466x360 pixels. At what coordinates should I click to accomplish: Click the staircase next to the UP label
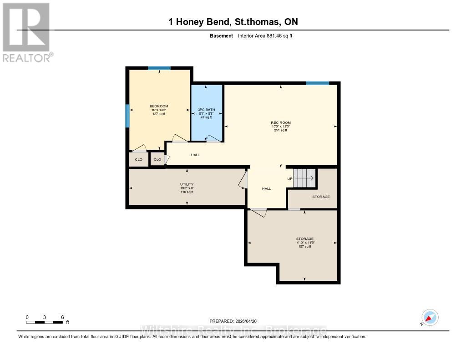304,177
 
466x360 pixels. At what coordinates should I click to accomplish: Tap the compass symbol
430,317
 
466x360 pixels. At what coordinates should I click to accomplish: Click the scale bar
44,322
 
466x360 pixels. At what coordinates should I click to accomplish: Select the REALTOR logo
27,32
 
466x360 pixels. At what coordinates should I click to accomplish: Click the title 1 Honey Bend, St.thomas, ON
233,22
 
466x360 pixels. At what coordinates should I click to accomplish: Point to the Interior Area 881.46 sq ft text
265,35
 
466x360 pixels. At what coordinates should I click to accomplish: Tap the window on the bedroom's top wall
159,68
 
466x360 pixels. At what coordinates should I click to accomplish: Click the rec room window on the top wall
317,83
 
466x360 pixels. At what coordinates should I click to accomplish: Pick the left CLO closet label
139,159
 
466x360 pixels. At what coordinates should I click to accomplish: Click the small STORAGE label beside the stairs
321,197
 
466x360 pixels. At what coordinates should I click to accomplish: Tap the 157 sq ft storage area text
304,246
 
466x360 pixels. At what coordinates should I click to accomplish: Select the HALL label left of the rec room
195,155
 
